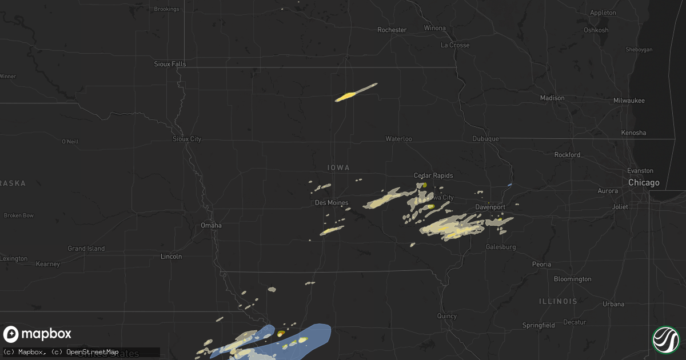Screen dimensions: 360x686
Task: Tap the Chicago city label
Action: coord(644,183)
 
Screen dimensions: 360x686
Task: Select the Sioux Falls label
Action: coord(170,64)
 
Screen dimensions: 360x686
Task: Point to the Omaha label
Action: coord(211,225)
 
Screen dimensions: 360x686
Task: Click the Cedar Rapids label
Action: coord(433,175)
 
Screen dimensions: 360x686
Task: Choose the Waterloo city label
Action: coord(398,139)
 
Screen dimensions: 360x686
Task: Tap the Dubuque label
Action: coord(486,139)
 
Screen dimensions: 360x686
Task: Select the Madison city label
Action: coord(552,98)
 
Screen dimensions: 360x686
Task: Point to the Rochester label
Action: coord(392,30)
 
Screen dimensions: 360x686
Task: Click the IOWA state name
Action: coord(338,167)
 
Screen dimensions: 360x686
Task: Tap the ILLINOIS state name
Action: coord(557,301)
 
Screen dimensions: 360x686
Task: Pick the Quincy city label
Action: coord(446,316)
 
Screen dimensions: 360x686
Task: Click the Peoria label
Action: coord(541,264)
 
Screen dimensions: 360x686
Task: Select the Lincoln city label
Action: coord(171,257)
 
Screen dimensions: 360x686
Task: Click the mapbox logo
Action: coord(38,334)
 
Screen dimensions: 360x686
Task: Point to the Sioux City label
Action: coord(187,139)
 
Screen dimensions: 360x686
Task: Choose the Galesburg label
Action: coord(501,247)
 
